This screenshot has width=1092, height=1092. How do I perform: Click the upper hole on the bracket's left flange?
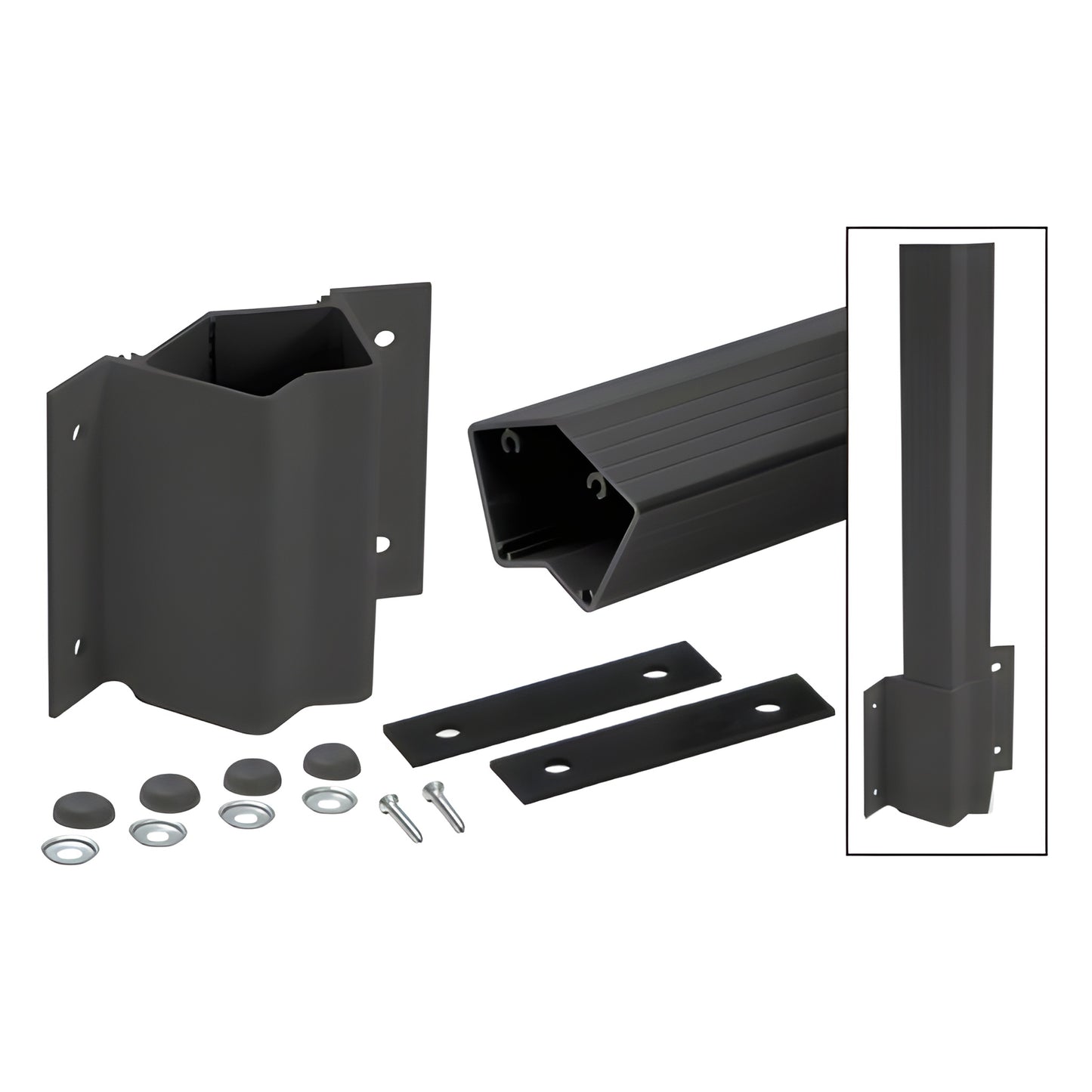pos(76,435)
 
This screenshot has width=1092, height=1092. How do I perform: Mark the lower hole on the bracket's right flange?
pos(382,543)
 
